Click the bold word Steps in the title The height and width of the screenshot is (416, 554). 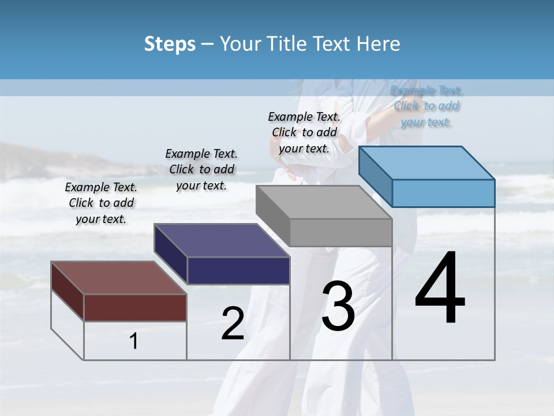pyautogui.click(x=170, y=44)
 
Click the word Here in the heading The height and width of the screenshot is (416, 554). pyautogui.click(x=379, y=44)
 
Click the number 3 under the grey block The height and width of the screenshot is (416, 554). pyautogui.click(x=338, y=306)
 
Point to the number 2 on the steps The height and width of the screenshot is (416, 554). pyautogui.click(x=233, y=324)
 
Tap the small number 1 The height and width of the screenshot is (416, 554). pyautogui.click(x=134, y=341)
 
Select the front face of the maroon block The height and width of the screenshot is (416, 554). pyautogui.click(x=135, y=307)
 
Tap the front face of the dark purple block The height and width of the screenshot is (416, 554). pyautogui.click(x=238, y=270)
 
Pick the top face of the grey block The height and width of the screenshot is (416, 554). pyautogui.click(x=324, y=202)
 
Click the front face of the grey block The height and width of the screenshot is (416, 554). pyautogui.click(x=340, y=232)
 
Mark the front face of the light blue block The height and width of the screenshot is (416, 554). pyautogui.click(x=443, y=193)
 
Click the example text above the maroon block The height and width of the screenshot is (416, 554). pyautogui.click(x=101, y=203)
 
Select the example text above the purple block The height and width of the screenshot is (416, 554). pyautogui.click(x=201, y=169)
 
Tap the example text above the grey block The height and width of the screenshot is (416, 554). pyautogui.click(x=304, y=132)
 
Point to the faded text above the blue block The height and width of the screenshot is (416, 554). pyautogui.click(x=426, y=106)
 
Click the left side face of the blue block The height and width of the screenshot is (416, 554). pyautogui.click(x=376, y=176)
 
